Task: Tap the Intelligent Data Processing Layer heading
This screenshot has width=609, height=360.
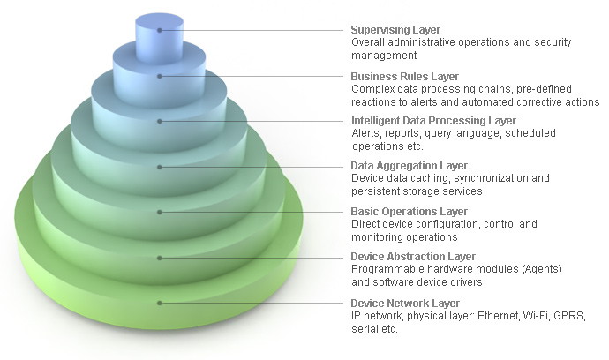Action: (x=432, y=120)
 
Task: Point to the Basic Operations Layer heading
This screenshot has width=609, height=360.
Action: (x=409, y=212)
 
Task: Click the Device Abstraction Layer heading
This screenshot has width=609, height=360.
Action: (x=412, y=257)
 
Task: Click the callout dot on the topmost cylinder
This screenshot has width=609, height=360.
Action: (x=160, y=30)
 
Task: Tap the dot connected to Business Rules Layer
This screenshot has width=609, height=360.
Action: (x=160, y=76)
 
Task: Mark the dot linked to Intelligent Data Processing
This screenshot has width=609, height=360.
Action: (x=160, y=121)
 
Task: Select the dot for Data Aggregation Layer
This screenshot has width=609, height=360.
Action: (x=160, y=167)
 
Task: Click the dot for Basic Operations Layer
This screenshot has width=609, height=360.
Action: (x=160, y=213)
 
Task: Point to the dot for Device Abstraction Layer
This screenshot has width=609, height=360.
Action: (x=160, y=258)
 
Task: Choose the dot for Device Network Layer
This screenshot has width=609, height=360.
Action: (x=160, y=304)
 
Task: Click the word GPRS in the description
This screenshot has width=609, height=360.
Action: (x=570, y=316)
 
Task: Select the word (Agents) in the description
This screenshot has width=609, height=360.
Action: (x=541, y=269)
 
